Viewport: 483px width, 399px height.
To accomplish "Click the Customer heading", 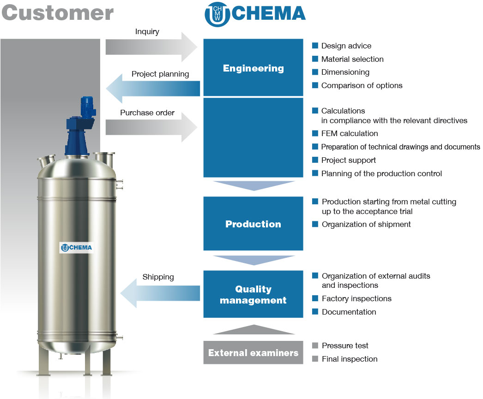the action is tap(58, 13).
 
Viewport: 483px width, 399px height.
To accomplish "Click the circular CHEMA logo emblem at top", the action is tap(217, 14).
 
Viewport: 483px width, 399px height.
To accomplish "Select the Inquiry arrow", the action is tap(151, 47).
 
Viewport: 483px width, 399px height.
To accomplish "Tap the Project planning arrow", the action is tap(153, 89).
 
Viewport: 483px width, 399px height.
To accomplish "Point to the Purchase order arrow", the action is tap(151, 127).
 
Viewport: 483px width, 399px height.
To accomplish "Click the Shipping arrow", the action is tap(160, 293).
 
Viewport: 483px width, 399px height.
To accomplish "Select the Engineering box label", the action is tap(253, 68).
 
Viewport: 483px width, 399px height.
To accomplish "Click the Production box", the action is tap(253, 223).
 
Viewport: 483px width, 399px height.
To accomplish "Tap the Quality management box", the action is tap(253, 294).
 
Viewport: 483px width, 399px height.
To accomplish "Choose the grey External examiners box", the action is tap(253, 352).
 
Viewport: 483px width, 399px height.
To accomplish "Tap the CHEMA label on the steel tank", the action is tap(76, 248).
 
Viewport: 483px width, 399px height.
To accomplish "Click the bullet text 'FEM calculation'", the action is tap(349, 133).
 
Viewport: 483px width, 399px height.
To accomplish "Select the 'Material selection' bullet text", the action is tap(352, 59).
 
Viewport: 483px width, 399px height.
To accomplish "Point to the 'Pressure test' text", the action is tap(345, 346).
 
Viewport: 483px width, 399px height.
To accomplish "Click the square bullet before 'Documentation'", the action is tap(315, 312).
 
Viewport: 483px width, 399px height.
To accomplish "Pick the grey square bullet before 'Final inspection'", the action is tap(315, 359).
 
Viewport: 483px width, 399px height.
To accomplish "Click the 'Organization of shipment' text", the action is tap(366, 225).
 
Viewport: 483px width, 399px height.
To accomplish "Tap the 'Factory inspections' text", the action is tap(356, 299).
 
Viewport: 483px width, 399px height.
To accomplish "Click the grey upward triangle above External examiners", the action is tap(254, 329).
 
